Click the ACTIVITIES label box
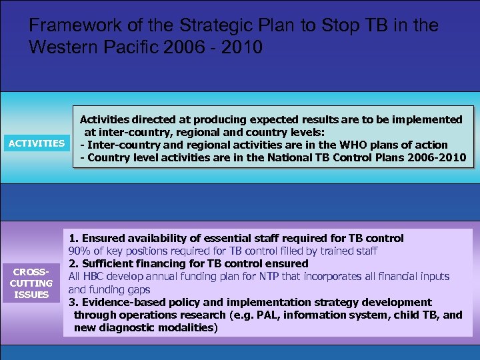pyautogui.click(x=36, y=143)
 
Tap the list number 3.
pyautogui.click(x=73, y=302)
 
